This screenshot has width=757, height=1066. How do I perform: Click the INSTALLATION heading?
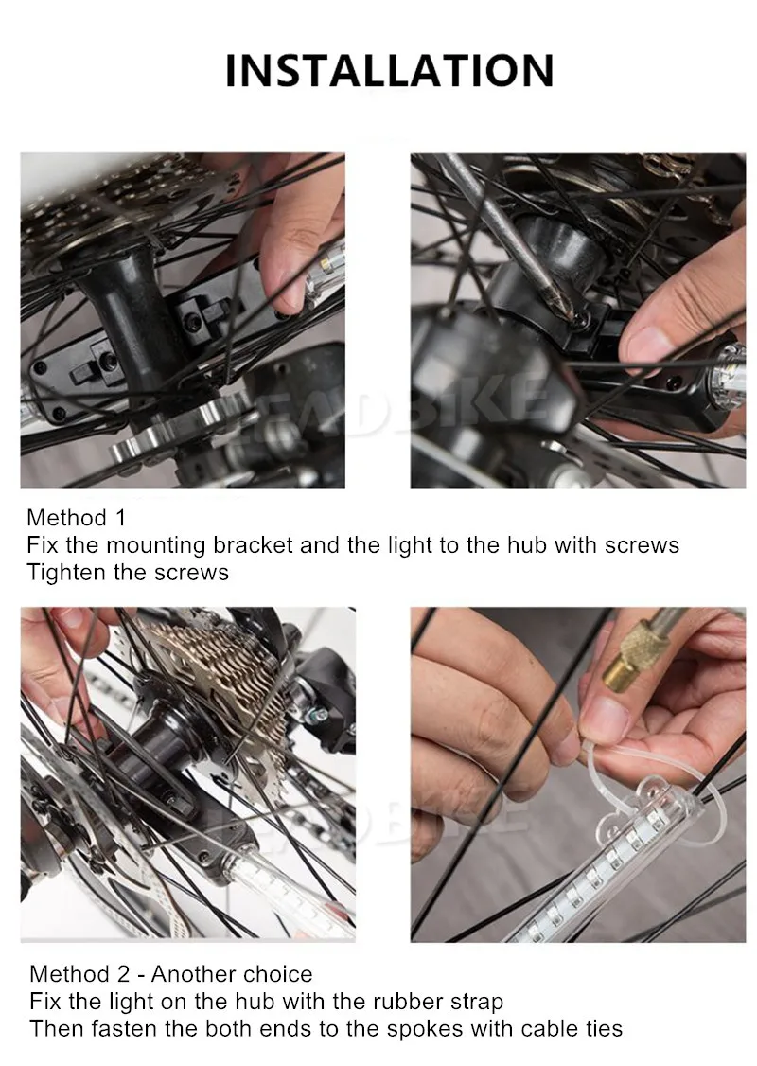(389, 71)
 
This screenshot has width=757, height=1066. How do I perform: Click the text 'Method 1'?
(76, 518)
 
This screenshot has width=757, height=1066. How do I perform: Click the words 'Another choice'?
(232, 974)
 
